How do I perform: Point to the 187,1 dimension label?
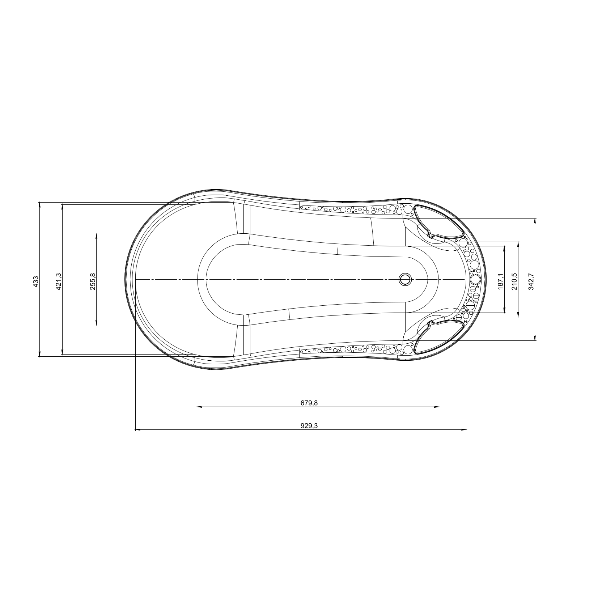click(501, 280)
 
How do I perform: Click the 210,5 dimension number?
click(515, 280)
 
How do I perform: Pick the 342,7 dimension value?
click(532, 280)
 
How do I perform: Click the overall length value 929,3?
click(309, 426)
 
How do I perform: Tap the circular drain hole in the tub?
click(405, 279)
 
